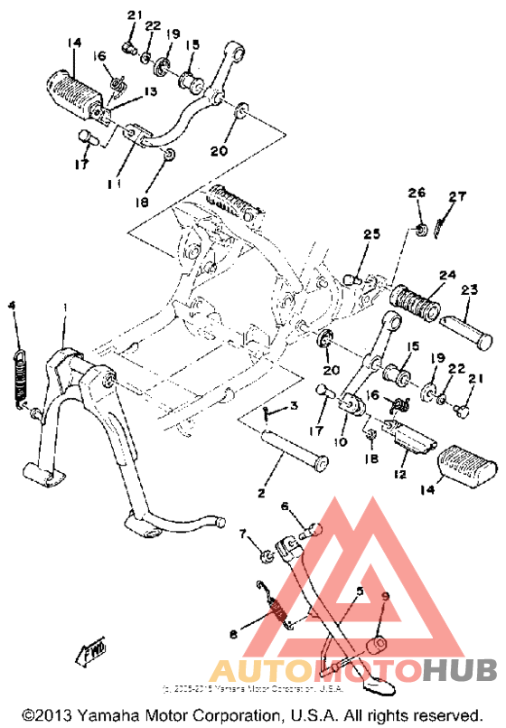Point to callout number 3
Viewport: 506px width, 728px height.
pyautogui.click(x=293, y=408)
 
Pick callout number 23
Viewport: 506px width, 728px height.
pyautogui.click(x=468, y=291)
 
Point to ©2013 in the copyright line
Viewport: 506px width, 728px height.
pyautogui.click(x=44, y=714)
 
